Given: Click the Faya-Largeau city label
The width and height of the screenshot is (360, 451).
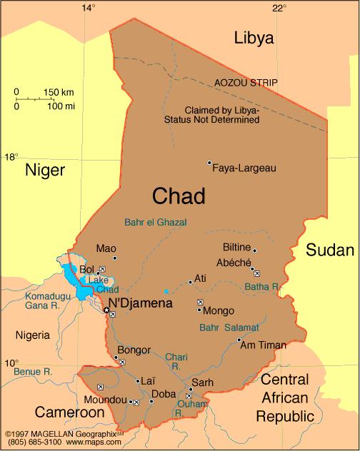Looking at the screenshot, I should [x=244, y=168].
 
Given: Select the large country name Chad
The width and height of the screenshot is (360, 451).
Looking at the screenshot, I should [x=179, y=196].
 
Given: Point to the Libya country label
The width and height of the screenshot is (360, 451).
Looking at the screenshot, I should [x=254, y=39].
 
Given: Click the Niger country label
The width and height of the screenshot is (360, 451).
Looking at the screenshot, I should [x=45, y=169].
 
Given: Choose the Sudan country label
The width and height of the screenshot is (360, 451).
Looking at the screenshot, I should [x=330, y=250].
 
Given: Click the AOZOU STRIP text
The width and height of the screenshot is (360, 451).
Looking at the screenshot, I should [x=246, y=83].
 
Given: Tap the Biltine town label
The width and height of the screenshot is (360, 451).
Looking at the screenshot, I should [x=237, y=248].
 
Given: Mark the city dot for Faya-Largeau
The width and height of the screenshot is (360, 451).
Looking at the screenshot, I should [x=209, y=163].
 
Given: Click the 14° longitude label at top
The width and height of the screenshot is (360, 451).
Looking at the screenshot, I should [x=88, y=8].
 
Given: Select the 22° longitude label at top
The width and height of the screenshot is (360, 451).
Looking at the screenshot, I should [x=279, y=8].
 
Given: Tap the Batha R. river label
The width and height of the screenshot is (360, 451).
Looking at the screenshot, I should [x=262, y=287].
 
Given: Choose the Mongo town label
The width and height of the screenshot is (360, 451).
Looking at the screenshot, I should [x=218, y=311].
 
